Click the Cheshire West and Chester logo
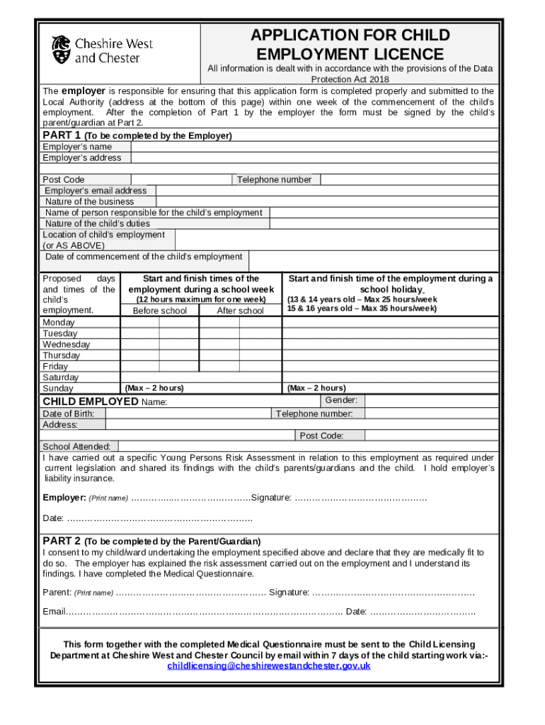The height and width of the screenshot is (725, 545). point(102,50)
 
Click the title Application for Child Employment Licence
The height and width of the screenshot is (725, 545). point(350,45)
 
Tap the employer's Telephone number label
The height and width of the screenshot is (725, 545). point(274,180)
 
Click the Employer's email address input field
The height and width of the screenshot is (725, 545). point(326,190)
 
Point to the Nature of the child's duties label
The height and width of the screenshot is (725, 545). point(98,224)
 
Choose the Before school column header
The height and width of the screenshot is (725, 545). point(160,311)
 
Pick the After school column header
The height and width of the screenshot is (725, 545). point(240,311)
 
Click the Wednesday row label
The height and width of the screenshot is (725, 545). point(67,345)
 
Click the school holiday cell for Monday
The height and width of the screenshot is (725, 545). point(389,323)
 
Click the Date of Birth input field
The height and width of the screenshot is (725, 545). point(188,413)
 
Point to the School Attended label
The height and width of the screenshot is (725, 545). point(76,447)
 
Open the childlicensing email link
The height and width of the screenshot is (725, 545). point(268,666)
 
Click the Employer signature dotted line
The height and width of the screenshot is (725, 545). point(360,498)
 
